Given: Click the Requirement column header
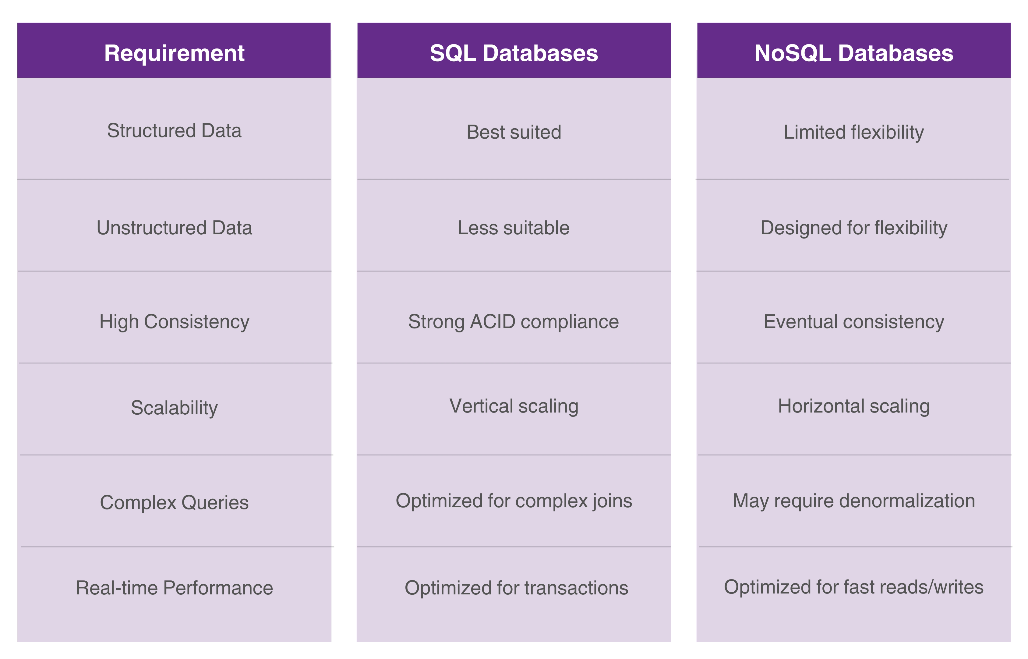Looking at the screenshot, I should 174,53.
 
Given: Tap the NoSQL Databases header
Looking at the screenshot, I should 853,53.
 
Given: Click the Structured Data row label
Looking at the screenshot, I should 174,130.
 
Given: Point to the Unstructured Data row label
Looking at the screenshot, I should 174,228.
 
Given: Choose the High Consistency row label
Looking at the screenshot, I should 174,322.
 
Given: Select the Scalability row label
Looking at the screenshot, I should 174,407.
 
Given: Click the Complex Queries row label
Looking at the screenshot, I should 174,502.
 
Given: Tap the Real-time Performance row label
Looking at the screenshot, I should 174,587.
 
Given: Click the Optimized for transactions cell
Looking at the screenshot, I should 516,587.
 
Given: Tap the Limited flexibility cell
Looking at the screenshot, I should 853,132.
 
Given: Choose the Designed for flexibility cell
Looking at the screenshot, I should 853,228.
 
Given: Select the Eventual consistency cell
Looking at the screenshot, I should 853,322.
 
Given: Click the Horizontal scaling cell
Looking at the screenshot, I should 853,406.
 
